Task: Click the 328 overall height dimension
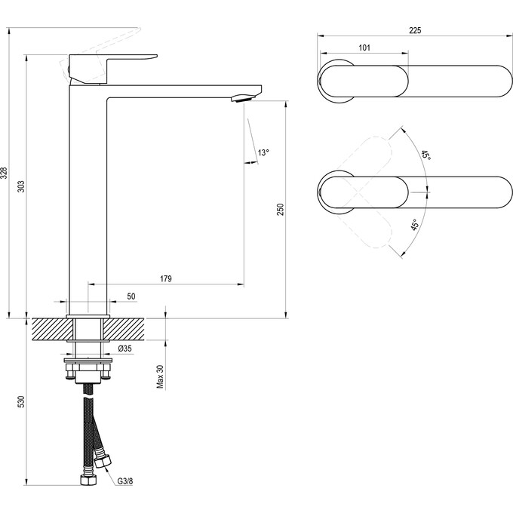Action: pyautogui.click(x=4, y=173)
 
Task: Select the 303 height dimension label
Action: pyautogui.click(x=20, y=186)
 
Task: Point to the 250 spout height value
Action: pyautogui.click(x=281, y=210)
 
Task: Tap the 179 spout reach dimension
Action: pyautogui.click(x=166, y=278)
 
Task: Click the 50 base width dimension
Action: pyautogui.click(x=131, y=296)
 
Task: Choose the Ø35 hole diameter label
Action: pyautogui.click(x=125, y=349)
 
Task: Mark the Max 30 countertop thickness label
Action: pyautogui.click(x=160, y=376)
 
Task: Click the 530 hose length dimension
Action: pyautogui.click(x=20, y=401)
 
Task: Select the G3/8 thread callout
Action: pyautogui.click(x=125, y=481)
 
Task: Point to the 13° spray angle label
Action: pyautogui.click(x=263, y=152)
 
